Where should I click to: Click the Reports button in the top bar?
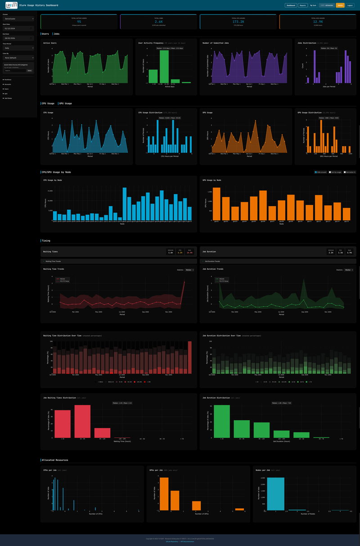point(302,5)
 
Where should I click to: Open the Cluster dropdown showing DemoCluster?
point(18,19)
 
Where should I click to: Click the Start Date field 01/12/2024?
point(18,28)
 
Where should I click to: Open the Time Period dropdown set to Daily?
point(18,48)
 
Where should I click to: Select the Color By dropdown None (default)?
point(18,58)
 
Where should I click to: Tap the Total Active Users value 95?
point(79,21)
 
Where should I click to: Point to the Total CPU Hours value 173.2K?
point(238,21)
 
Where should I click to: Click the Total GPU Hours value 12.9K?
point(318,21)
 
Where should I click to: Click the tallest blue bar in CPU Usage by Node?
point(125,203)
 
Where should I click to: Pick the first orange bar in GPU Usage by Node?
point(216,203)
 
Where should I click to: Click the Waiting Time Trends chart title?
point(54,269)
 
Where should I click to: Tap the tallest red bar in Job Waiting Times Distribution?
point(82,421)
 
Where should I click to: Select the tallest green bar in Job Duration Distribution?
point(222,421)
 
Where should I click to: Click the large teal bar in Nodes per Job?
point(275,493)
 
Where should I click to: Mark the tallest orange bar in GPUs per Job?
point(164,494)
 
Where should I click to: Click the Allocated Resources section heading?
point(55,460)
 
